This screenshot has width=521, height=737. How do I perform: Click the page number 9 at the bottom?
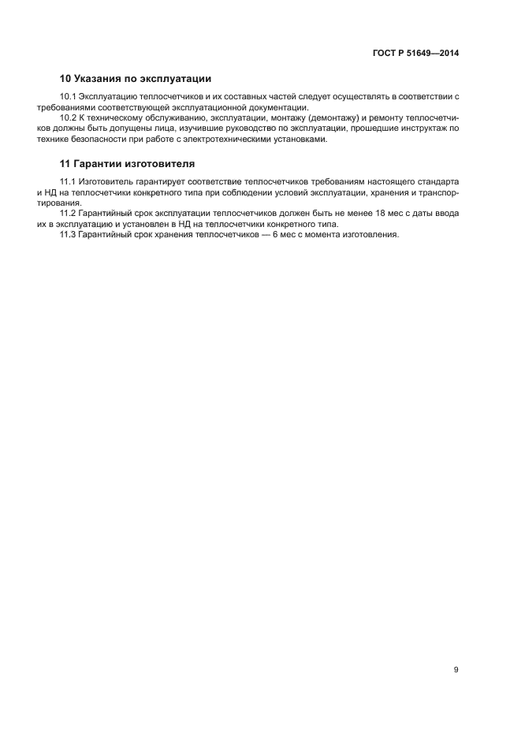(x=456, y=670)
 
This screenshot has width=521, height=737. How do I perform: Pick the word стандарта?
(x=438, y=182)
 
